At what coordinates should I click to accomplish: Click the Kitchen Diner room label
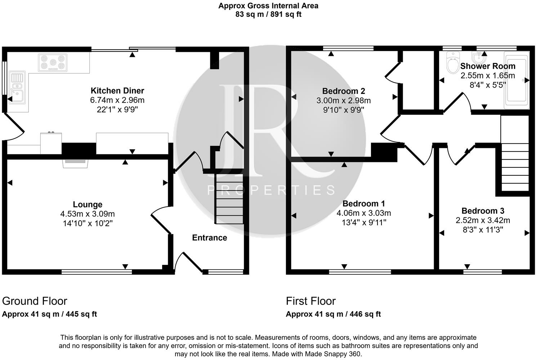117,91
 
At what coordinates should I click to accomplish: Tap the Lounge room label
88,204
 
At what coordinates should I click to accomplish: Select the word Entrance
210,238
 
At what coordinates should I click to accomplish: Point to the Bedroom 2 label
344,91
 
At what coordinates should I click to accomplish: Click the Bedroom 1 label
364,203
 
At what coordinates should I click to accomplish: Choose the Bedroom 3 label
483,211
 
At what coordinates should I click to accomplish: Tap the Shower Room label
488,66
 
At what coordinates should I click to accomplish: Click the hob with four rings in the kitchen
53,63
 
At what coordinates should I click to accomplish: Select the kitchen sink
17,87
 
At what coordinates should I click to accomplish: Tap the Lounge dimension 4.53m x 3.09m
88,213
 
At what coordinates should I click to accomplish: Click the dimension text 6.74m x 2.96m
117,100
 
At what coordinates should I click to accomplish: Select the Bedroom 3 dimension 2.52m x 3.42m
483,220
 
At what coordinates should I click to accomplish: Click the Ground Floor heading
35,301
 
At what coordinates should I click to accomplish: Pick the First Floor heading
311,301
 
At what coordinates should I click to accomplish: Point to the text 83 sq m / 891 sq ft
268,14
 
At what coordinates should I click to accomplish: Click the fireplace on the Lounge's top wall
75,163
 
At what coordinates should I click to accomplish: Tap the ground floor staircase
229,199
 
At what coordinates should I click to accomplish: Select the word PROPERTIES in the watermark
271,190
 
